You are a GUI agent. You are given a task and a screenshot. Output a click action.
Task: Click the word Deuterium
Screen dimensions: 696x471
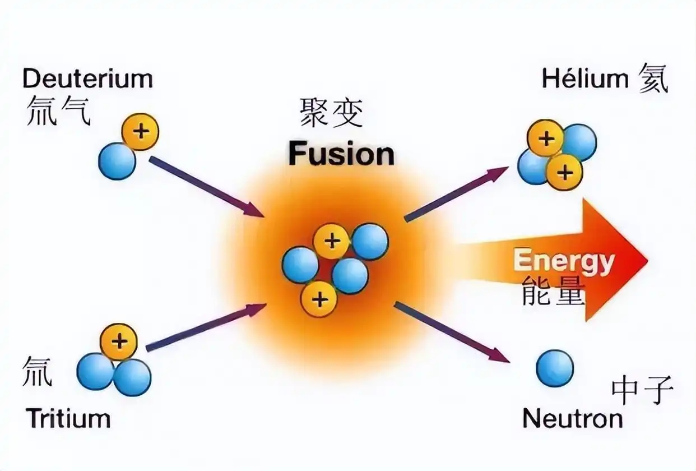(x=88, y=79)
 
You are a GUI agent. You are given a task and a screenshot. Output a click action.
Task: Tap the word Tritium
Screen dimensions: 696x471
(x=68, y=418)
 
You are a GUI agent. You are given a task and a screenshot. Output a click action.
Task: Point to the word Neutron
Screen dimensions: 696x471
(x=573, y=418)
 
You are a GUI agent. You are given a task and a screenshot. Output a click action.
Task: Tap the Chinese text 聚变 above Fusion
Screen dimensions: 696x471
(x=331, y=113)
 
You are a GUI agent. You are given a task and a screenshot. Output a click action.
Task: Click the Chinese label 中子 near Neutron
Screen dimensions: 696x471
(x=642, y=390)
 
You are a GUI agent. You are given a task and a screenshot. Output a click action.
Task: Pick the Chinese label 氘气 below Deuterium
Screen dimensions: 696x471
(x=58, y=110)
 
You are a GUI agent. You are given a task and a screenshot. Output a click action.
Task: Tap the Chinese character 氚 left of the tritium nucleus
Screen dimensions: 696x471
(x=36, y=371)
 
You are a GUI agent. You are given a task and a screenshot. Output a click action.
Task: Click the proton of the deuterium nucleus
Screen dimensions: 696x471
(x=140, y=132)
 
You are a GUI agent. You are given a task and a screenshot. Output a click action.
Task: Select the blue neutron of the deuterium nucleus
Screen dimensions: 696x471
(x=117, y=161)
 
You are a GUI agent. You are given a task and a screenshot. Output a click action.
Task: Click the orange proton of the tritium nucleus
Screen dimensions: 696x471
(x=118, y=342)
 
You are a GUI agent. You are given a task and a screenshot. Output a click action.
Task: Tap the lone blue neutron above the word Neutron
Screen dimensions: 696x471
(x=555, y=369)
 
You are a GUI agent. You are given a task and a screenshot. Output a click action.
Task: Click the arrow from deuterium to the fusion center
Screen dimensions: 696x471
(x=207, y=187)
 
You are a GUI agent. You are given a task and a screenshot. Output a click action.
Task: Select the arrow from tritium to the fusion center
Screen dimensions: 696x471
(x=206, y=327)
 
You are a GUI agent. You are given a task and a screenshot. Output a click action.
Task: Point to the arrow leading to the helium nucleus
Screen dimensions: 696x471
(x=456, y=195)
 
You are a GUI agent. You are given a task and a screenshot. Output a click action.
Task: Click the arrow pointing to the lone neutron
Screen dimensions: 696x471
(x=452, y=332)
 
